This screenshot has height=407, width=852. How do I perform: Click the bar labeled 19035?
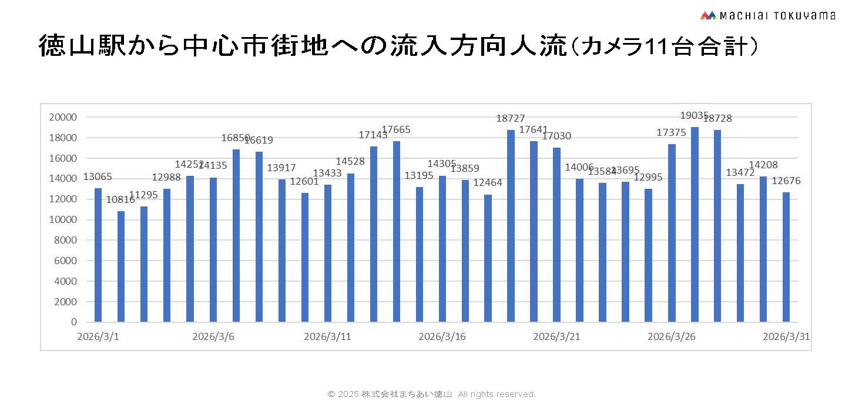pos(695,225)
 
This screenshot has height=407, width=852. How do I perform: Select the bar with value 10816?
pos(121,266)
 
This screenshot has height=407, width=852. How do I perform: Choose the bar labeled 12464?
pos(488,258)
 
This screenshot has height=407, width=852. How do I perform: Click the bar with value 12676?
pos(786,257)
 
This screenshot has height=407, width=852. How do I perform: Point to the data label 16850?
pos(236,138)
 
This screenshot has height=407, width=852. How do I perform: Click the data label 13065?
pos(98,176)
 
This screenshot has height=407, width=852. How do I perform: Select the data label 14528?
pos(350,162)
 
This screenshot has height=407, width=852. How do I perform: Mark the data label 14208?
pos(763,165)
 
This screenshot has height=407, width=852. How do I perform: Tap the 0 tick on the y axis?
pos(74,322)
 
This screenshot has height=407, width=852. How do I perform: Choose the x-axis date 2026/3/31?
pos(786,337)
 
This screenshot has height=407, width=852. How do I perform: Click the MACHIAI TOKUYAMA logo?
pos(767,15)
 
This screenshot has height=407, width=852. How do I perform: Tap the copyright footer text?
pos(431,394)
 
